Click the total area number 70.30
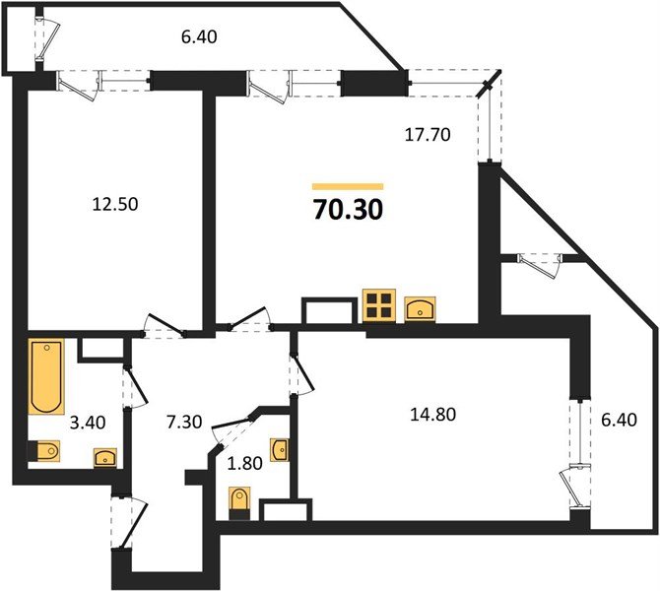tap(348, 209)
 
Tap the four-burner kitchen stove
tap(379, 306)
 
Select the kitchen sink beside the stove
tap(421, 307)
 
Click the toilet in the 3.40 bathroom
tap(45, 452)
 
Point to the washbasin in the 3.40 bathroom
tap(104, 457)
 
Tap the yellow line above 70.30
tap(348, 186)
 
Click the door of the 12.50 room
tap(162, 325)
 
